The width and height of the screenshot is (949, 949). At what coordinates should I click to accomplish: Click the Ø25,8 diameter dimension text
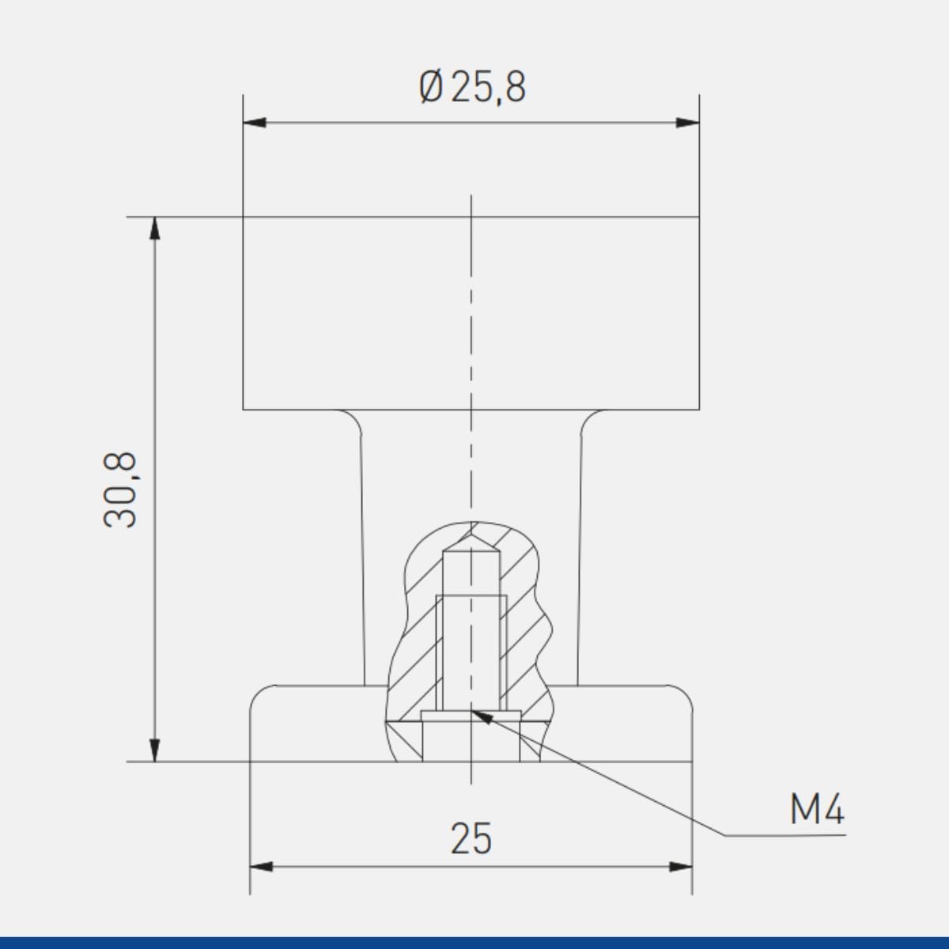(x=473, y=88)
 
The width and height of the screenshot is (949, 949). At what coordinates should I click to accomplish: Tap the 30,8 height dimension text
(x=120, y=490)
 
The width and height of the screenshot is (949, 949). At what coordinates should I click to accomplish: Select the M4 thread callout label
(x=818, y=810)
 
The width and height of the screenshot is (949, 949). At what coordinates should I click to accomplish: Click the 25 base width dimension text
(x=471, y=838)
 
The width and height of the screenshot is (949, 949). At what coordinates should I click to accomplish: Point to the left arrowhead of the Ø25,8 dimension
(x=254, y=123)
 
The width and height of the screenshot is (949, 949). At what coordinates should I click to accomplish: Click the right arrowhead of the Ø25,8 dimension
(x=688, y=123)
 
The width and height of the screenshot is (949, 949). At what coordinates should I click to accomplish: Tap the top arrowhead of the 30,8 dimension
(x=155, y=228)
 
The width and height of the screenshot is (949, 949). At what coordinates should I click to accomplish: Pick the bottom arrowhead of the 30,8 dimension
(x=155, y=750)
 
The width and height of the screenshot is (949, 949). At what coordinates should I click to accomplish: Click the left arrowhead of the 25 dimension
(x=261, y=880)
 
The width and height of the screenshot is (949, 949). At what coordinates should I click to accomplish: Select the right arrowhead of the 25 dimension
(x=681, y=880)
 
